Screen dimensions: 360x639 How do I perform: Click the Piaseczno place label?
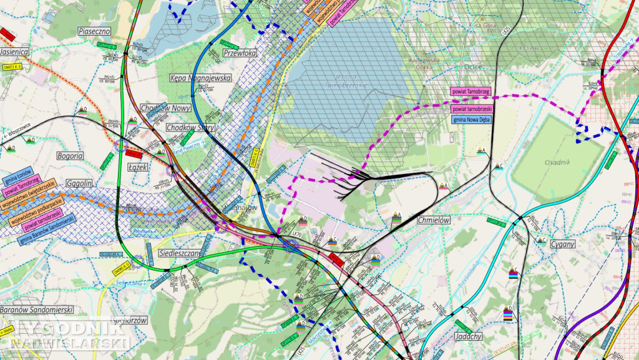click(94, 31)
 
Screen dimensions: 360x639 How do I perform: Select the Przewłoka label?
click(240, 54)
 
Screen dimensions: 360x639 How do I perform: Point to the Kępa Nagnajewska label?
click(200, 79)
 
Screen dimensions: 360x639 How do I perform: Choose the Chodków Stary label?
click(190, 127)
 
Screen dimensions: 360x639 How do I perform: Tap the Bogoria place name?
click(69, 155)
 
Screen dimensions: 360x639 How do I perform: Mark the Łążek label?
click(137, 167)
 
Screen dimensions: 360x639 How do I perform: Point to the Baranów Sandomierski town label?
click(37, 310)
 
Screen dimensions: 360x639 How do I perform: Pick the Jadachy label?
click(469, 336)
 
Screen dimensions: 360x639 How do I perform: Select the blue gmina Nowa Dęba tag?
click(470, 119)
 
